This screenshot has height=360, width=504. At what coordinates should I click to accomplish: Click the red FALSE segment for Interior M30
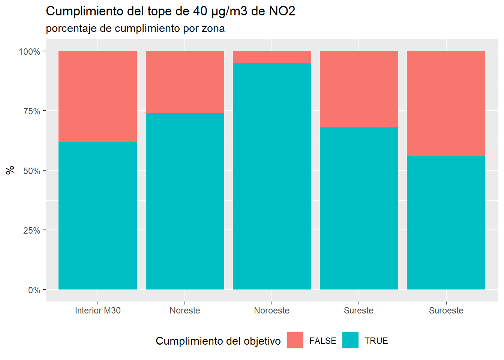coord(97,96)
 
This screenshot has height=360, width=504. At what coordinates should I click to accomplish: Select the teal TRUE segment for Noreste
coord(185,201)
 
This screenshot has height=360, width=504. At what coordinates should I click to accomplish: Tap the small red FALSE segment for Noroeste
coord(272,57)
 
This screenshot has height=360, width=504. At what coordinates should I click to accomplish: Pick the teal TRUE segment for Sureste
coord(359,208)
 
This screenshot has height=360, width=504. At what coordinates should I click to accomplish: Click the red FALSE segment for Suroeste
coord(446,103)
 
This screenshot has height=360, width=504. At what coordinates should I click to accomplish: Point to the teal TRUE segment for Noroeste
coord(272,176)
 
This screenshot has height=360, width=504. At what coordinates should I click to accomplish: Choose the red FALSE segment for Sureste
coord(359,89)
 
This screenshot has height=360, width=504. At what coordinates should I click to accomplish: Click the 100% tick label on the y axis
coord(30,52)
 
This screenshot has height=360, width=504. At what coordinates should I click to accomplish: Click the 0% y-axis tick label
coord(34,290)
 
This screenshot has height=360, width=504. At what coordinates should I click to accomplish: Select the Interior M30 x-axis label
coord(97,310)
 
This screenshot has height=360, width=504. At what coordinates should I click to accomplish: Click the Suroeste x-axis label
coord(446,310)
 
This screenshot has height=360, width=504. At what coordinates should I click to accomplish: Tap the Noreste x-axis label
coord(185,310)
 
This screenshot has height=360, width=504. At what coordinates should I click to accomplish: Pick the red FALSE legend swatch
coord(295,340)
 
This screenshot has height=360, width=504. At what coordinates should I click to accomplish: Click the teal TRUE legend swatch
coord(350,340)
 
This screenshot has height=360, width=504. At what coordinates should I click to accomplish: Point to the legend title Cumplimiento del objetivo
coord(218,341)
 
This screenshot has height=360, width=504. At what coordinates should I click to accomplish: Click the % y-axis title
coord(10,170)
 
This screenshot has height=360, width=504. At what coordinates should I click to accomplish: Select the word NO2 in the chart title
coord(282,11)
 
